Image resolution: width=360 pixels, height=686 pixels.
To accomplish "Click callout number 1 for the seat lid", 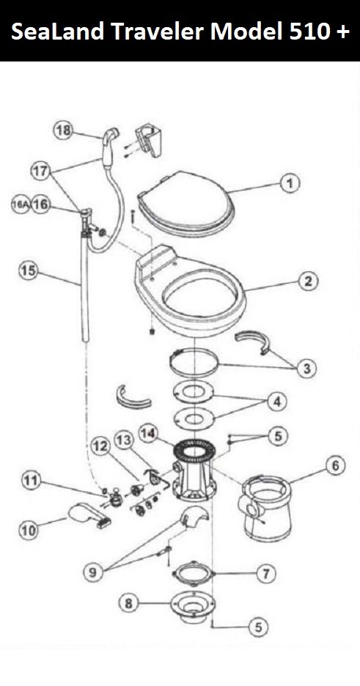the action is (x=290, y=183).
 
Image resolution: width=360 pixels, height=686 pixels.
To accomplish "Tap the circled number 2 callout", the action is (x=309, y=281).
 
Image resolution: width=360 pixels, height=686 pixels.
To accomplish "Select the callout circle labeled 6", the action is (x=334, y=466).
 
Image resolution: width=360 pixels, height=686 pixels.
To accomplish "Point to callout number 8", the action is (x=129, y=604).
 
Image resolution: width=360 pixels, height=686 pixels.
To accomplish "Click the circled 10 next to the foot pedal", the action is (x=29, y=530).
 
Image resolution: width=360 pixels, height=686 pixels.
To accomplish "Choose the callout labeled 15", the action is (x=29, y=271).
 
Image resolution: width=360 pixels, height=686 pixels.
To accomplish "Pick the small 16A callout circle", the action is (x=20, y=204).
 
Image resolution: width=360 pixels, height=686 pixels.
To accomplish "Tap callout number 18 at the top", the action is (x=64, y=130).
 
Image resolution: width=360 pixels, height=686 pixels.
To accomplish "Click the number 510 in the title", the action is (x=309, y=31).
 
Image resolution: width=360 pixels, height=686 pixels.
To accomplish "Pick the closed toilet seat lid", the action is (x=187, y=204).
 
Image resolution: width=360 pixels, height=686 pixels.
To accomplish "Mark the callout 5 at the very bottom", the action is (x=258, y=627).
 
